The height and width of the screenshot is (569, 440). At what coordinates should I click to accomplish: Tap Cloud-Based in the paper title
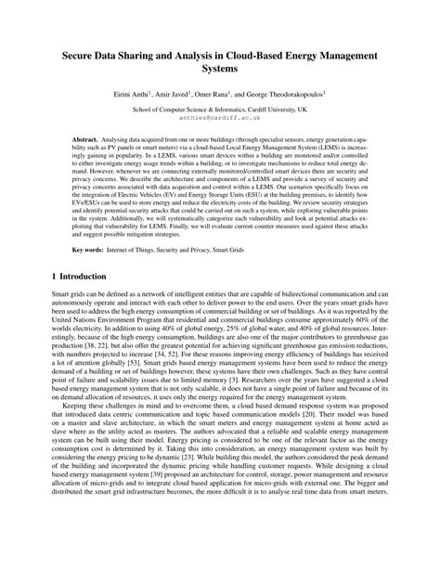coord(240,55)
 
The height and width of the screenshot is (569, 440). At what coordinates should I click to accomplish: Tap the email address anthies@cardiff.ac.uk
coord(220,119)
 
